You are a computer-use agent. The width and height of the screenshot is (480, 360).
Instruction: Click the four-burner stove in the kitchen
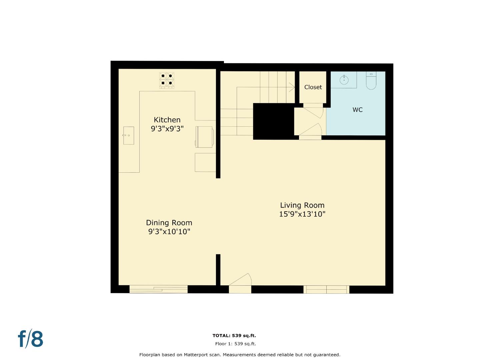tap(167, 80)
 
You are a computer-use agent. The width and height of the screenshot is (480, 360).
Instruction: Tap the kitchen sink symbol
tap(128, 135)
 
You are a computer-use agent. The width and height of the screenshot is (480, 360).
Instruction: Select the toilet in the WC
tap(371, 81)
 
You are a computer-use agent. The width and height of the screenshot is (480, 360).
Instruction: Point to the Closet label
tap(313, 87)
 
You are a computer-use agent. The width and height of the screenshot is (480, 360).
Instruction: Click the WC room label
tap(357, 110)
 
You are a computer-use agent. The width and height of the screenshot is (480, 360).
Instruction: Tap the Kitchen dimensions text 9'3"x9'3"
tap(167, 129)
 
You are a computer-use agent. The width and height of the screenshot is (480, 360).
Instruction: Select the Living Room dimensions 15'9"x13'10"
tap(302, 214)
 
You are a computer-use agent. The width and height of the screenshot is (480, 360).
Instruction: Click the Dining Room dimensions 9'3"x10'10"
tap(169, 231)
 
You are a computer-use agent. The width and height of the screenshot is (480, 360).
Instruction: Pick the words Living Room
tap(302, 205)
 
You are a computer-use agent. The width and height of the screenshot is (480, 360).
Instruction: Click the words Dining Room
tap(169, 223)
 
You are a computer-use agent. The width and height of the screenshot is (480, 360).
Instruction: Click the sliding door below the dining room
tap(158, 289)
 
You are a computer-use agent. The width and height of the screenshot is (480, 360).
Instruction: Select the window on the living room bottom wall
tap(326, 289)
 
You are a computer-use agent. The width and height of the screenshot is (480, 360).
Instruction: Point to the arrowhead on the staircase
tap(293, 87)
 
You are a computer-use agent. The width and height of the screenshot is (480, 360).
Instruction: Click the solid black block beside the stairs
tap(273, 121)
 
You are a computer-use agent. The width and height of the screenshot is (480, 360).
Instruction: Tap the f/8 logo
tap(30, 339)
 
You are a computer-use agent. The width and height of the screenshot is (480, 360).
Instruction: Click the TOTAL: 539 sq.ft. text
tap(234, 336)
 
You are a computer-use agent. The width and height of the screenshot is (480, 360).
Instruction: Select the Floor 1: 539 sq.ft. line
tap(235, 344)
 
